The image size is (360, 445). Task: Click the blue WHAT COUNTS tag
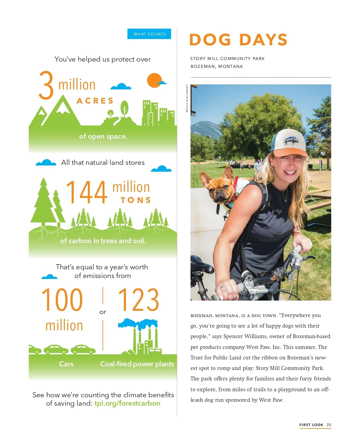149,34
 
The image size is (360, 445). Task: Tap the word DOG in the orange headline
210,40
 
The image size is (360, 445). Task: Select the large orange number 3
46,85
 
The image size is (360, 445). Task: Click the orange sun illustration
154,80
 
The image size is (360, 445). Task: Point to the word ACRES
95,101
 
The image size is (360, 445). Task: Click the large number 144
86,192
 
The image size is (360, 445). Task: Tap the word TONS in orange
136,200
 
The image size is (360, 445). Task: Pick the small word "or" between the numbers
103,312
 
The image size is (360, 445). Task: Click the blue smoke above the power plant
138,323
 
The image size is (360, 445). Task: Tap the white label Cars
66,364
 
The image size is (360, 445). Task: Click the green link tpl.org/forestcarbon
127,403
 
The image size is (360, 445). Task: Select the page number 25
329,425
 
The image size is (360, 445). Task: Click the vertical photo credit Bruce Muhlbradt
187,98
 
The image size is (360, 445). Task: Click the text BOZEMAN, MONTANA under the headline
217,66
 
